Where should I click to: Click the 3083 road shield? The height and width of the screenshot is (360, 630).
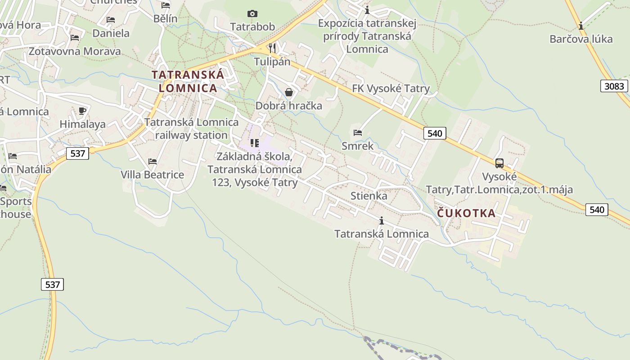(614, 86)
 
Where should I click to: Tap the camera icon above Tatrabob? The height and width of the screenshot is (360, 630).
(252, 14)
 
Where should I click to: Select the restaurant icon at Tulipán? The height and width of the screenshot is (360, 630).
(272, 47)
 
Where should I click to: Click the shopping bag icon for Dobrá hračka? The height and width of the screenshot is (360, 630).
(289, 92)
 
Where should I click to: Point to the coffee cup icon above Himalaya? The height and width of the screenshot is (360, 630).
(82, 111)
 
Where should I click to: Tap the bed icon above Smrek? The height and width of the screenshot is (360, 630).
(358, 132)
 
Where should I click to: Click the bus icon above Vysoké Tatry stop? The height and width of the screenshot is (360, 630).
(499, 163)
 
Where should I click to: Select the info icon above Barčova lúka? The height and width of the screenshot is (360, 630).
(581, 26)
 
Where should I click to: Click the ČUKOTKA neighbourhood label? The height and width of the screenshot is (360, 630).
(466, 213)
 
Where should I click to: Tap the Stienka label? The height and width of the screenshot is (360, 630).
(369, 196)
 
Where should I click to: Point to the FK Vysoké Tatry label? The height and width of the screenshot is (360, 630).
(391, 89)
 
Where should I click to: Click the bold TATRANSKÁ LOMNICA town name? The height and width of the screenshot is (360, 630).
(188, 81)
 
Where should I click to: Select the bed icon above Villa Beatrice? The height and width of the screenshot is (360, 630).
(153, 161)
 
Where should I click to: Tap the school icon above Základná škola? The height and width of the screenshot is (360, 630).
(255, 143)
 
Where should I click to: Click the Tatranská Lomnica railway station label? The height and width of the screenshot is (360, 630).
(192, 129)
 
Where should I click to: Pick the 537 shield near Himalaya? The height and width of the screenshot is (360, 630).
(78, 153)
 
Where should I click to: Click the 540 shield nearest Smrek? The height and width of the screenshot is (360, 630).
(435, 133)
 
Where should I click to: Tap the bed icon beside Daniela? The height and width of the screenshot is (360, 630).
(111, 20)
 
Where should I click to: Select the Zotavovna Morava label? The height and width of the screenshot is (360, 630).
(75, 51)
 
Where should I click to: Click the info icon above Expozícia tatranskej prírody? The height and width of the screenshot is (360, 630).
(367, 10)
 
